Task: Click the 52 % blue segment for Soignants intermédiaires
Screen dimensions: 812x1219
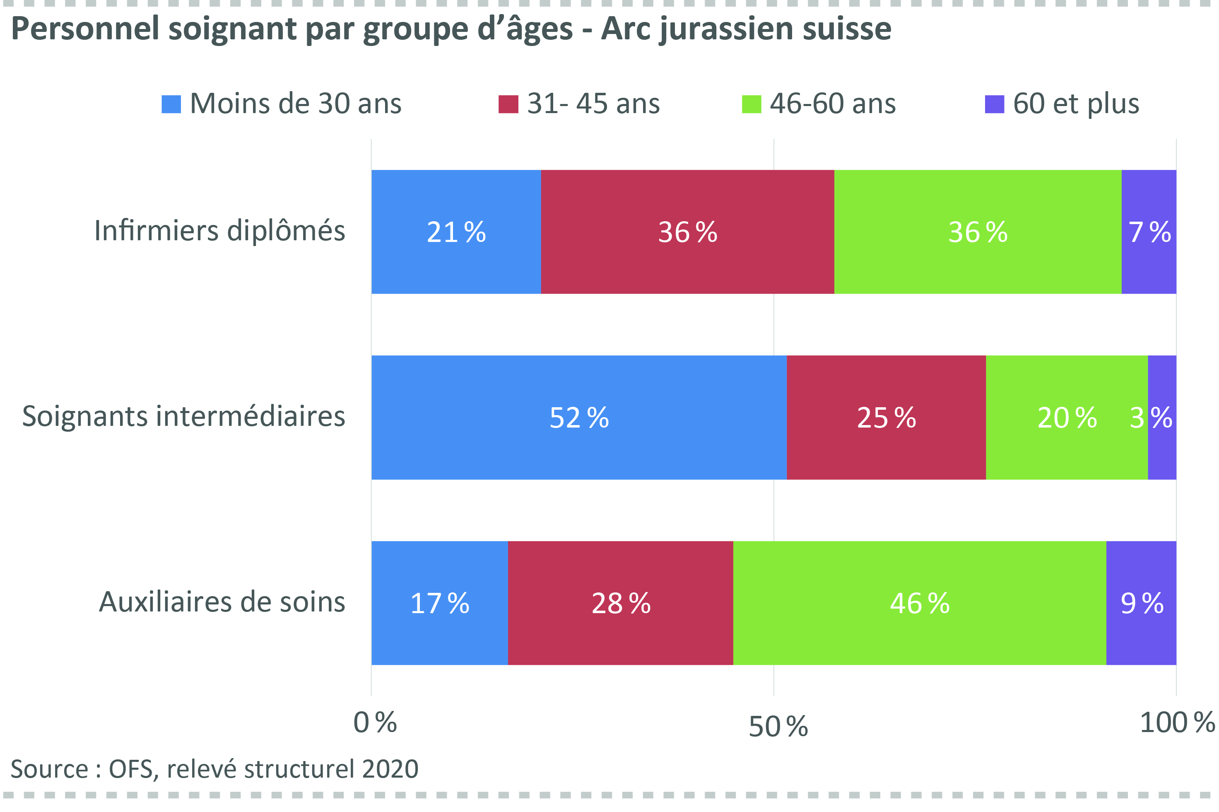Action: pyautogui.click(x=579, y=418)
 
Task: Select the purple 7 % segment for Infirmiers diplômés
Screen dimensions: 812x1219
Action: pyautogui.click(x=1148, y=232)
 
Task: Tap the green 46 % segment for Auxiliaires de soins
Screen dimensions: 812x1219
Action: pyautogui.click(x=919, y=603)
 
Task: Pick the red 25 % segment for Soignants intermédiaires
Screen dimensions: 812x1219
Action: pyautogui.click(x=886, y=418)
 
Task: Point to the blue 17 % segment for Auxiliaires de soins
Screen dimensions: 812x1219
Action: pyautogui.click(x=439, y=603)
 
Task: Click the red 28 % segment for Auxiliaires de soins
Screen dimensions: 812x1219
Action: pyautogui.click(x=620, y=603)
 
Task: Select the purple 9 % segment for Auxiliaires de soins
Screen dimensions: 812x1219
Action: pyautogui.click(x=1141, y=603)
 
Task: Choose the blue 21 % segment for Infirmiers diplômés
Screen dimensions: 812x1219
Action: pyautogui.click(x=455, y=232)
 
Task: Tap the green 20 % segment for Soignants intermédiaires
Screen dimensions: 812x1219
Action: pyautogui.click(x=1066, y=418)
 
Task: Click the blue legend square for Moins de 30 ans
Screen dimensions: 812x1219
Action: pyautogui.click(x=171, y=104)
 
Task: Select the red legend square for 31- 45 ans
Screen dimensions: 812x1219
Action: pyautogui.click(x=508, y=104)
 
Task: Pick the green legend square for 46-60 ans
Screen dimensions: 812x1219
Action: pyautogui.click(x=751, y=104)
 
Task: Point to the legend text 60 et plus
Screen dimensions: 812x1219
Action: pyautogui.click(x=1076, y=104)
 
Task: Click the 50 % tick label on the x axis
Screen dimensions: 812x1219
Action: pyautogui.click(x=778, y=727)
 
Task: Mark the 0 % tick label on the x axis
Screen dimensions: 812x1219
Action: pyautogui.click(x=375, y=723)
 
